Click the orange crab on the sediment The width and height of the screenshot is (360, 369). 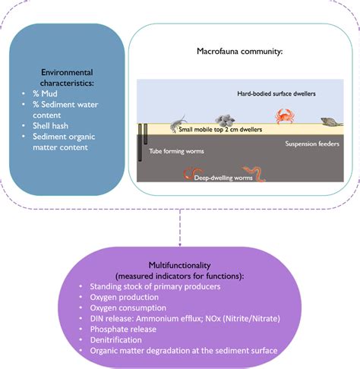pos(285,115)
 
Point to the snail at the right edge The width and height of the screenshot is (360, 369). pos(330,121)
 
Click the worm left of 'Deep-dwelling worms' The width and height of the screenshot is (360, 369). pos(188,175)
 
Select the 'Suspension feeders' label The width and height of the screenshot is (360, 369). pos(311,143)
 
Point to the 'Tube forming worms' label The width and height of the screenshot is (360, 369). pos(175,150)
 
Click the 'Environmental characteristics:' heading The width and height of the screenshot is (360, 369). pos(66,77)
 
